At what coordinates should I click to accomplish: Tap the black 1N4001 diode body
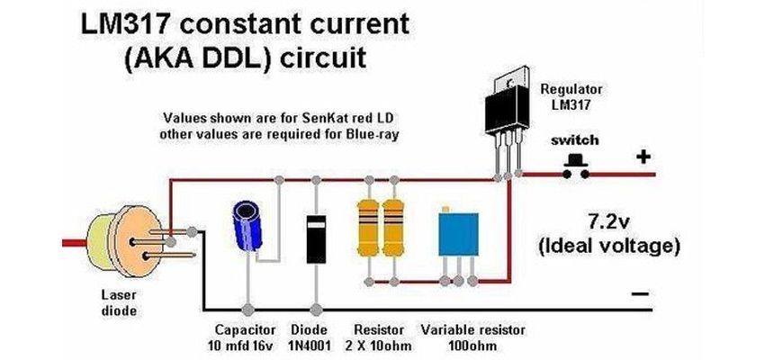(x=314, y=237)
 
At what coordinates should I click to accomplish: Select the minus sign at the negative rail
(x=642, y=295)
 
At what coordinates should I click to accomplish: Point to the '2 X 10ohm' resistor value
(x=379, y=346)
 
